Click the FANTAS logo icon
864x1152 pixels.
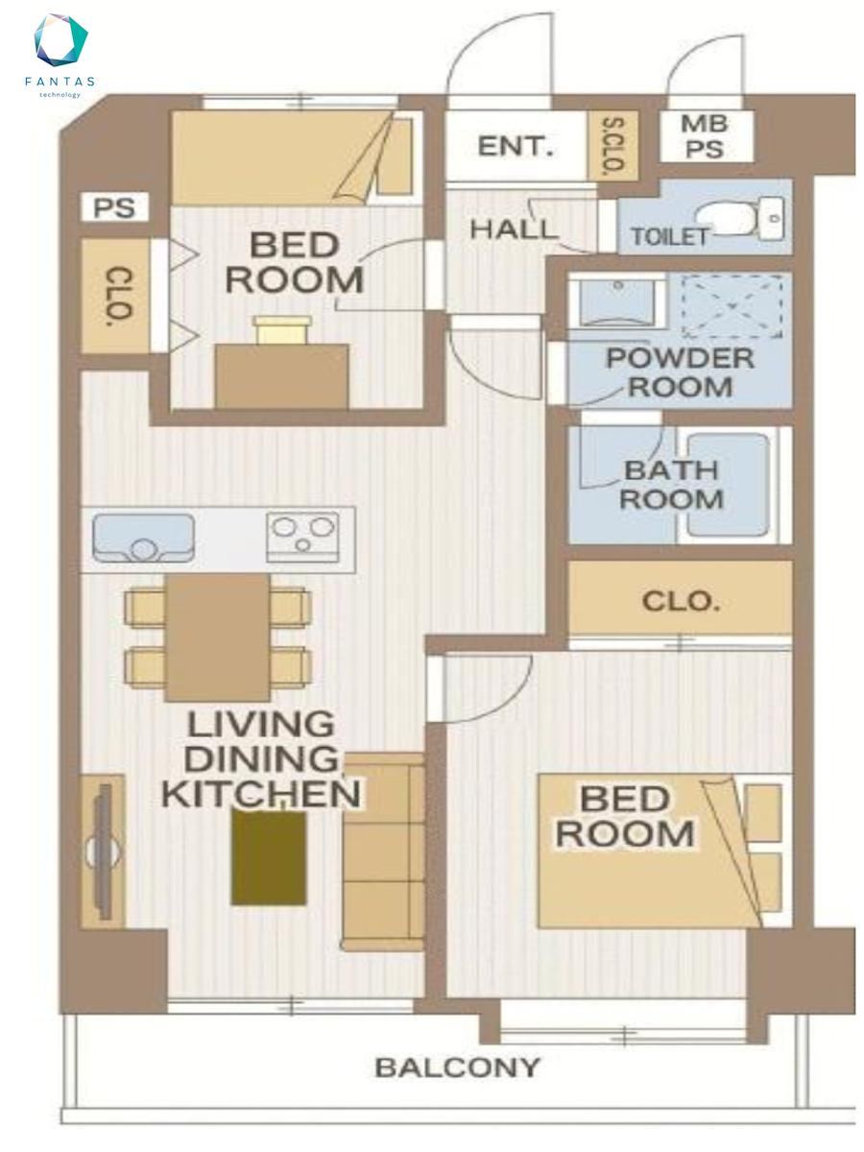pos(60,40)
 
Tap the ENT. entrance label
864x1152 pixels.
pos(516,146)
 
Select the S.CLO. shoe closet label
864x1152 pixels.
pos(612,145)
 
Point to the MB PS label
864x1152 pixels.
pos(704,136)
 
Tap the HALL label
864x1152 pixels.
pos(512,228)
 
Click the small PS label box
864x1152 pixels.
pos(114,206)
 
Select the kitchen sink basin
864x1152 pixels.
pos(143,538)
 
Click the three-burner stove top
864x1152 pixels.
pos(302,537)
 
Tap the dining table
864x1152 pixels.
pos(218,637)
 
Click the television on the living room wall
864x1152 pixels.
pos(104,852)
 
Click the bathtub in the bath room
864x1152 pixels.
pos(729,485)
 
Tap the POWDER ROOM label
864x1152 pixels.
pos(681,372)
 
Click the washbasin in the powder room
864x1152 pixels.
pos(618,303)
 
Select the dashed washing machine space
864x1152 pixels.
pos(732,305)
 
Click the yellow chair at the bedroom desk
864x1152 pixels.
pos(282,329)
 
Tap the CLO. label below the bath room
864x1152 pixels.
pos(681,602)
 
